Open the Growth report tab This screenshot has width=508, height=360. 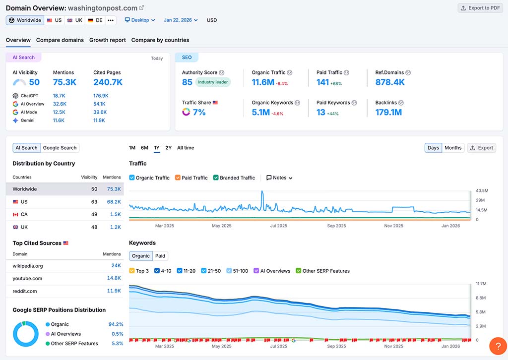click(x=107, y=40)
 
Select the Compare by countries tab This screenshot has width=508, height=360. click(x=160, y=40)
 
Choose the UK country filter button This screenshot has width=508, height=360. click(x=75, y=20)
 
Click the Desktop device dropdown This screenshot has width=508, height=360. click(x=140, y=20)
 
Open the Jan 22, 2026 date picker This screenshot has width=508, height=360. click(x=181, y=20)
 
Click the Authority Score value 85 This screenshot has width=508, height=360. click(x=187, y=82)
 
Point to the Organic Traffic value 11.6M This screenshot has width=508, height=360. click(x=263, y=82)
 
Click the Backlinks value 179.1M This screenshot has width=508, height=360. click(x=388, y=112)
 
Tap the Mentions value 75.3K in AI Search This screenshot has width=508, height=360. click(x=64, y=82)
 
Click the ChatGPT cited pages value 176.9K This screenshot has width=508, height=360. click(x=101, y=96)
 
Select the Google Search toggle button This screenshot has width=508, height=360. click(x=60, y=148)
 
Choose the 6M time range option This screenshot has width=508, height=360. click(x=144, y=148)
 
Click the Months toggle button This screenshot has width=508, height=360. click(x=453, y=148)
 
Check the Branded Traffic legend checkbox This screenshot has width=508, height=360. click(x=216, y=178)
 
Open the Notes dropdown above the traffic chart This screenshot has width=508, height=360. click(x=279, y=178)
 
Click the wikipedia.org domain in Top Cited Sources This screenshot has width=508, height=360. click(x=28, y=266)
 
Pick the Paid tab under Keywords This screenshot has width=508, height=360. click(x=160, y=256)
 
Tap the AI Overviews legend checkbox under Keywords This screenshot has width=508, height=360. click(x=256, y=271)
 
